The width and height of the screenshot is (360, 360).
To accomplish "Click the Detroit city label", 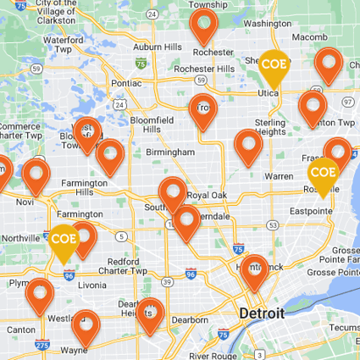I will point(261,313).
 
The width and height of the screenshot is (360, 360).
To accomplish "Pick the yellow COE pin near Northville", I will point(64,240).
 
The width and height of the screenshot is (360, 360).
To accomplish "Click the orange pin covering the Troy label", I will point(204,108).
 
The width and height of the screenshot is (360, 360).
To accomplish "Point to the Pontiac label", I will point(126,83).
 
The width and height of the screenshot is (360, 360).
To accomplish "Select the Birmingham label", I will point(170,152).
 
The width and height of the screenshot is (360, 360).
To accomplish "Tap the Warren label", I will point(279,176).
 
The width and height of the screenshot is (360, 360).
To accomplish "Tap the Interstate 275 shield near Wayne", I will point(42,346).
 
